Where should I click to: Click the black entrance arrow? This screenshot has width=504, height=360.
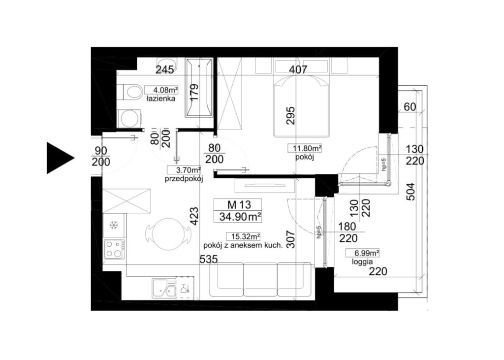tap(60, 158)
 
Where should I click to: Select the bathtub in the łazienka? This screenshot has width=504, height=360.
tap(199, 87)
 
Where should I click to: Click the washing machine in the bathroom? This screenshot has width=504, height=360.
tap(129, 118)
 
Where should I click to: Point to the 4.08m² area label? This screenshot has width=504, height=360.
tap(161, 90)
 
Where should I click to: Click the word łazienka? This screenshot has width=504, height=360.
tap(161, 98)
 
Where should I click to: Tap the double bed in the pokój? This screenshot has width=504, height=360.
tap(302, 106)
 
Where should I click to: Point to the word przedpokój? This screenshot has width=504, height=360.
tap(184, 180)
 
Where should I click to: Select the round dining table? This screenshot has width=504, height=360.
tap(167, 233)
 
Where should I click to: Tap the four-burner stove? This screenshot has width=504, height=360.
tap(114, 249)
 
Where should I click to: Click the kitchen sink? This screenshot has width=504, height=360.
tap(164, 288)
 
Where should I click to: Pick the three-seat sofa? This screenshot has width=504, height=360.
tap(261, 279)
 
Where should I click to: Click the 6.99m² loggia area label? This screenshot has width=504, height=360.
tap(362, 253)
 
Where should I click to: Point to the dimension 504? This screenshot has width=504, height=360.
tap(410, 192)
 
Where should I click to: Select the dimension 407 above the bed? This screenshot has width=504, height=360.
tap(298, 69)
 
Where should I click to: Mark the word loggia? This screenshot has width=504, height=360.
tap(362, 262)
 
